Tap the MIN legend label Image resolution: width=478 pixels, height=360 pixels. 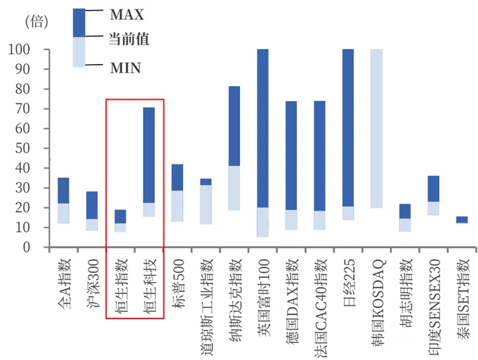point(124,67)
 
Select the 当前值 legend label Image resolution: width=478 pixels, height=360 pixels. point(128,40)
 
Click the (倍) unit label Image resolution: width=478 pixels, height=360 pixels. point(36,22)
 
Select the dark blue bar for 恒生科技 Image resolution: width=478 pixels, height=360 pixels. point(149,155)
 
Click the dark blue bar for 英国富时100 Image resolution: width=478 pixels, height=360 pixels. point(262,129)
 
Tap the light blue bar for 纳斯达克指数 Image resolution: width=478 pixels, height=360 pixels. point(234,188)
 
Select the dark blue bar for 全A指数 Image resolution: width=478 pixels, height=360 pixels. point(63,190)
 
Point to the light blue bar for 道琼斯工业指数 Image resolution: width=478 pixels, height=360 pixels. point(206,205)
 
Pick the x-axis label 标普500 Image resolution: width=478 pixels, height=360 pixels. point(177,277)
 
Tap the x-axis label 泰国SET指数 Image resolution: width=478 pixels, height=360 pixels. point(461,287)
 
